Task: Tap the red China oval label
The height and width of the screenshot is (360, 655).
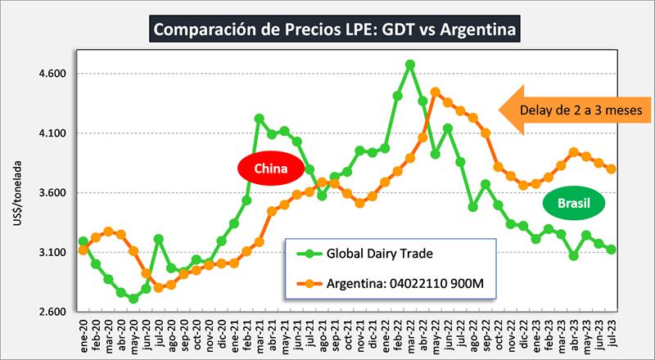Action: (271, 169)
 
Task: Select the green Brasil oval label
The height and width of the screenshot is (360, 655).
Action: (573, 201)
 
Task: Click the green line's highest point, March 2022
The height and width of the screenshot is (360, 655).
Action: (409, 64)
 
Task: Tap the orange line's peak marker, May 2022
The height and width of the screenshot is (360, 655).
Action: (435, 92)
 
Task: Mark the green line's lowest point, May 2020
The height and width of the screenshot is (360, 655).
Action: (133, 299)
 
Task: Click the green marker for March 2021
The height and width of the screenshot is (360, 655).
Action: (259, 118)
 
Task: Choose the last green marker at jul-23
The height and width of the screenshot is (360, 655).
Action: (611, 250)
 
